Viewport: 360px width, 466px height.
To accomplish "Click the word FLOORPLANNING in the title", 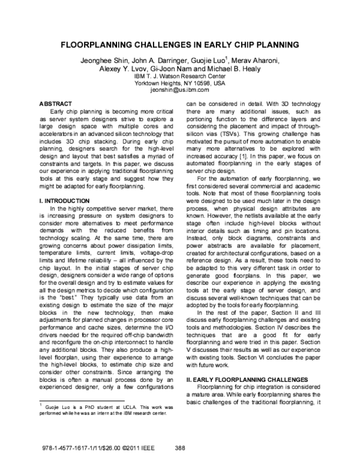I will [104, 45].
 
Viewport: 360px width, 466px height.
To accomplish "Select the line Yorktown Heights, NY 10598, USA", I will [179, 83].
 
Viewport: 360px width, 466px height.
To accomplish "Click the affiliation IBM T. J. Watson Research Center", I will [179, 76].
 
